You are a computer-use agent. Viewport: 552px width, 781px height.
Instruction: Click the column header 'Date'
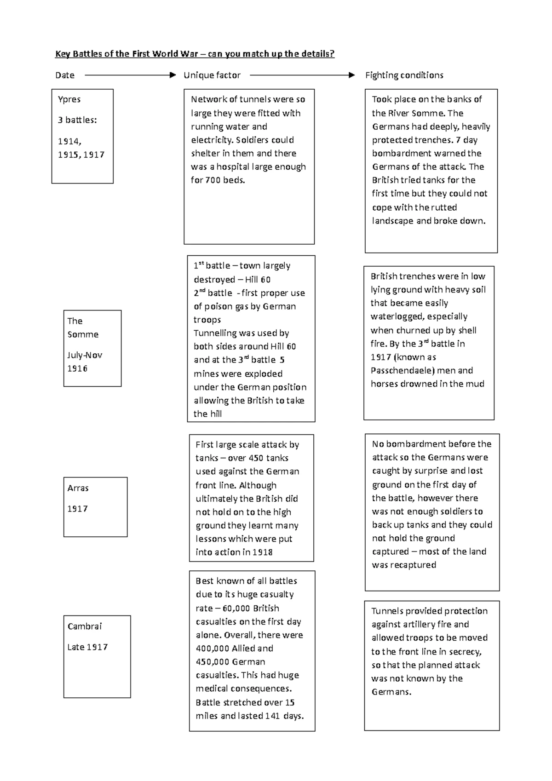pyautogui.click(x=64, y=75)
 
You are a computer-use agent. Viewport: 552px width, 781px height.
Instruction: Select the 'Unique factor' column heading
pyautogui.click(x=212, y=75)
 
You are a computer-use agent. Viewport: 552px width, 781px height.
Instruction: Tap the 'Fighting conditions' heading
pyautogui.click(x=404, y=75)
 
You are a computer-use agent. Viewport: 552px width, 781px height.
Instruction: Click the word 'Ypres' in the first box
pyautogui.click(x=69, y=99)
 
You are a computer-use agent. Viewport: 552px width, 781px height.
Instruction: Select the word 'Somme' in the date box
pyautogui.click(x=83, y=334)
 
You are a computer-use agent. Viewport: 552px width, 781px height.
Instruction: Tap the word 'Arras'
pyautogui.click(x=78, y=488)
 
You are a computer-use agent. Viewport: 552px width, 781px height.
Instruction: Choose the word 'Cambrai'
pyautogui.click(x=85, y=626)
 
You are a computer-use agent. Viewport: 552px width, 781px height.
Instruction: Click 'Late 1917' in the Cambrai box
pyautogui.click(x=87, y=647)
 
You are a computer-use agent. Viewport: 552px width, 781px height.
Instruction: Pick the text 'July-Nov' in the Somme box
pyautogui.click(x=85, y=355)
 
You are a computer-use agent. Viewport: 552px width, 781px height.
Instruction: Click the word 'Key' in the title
pyautogui.click(x=61, y=54)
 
